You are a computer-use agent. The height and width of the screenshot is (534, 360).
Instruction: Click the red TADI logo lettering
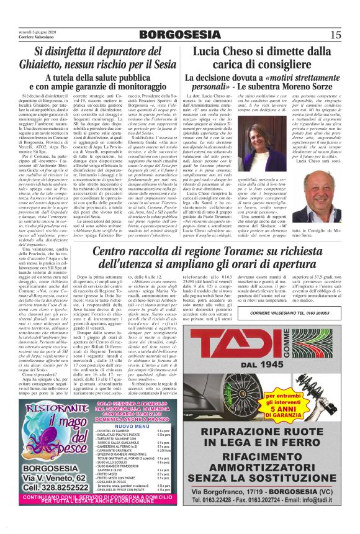pos(248,349)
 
